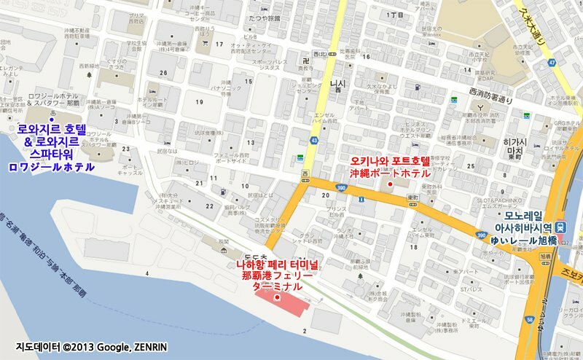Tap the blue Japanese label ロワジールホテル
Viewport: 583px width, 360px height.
[x=51, y=167]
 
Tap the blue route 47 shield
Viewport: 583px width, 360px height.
[x=552, y=63]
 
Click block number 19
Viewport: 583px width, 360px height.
[x=199, y=103]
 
